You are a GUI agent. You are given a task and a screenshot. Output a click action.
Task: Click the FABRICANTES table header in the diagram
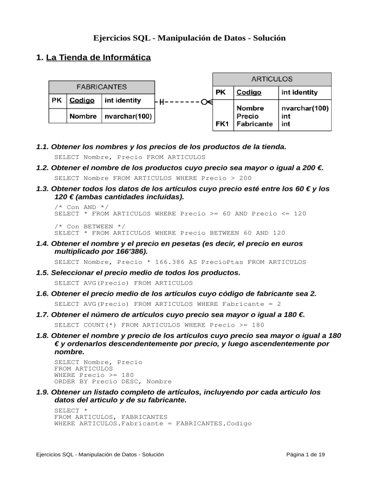click(100, 86)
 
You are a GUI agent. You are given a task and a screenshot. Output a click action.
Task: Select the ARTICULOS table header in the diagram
click(271, 79)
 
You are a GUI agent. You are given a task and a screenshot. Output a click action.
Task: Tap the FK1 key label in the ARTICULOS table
click(221, 124)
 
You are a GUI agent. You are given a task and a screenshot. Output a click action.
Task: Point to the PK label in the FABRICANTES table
click(57, 100)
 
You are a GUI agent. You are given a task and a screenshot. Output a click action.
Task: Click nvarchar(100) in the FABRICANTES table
click(127, 117)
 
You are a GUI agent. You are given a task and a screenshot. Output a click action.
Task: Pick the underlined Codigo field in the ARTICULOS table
click(249, 92)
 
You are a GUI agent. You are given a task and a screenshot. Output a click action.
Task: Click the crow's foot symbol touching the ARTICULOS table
click(207, 102)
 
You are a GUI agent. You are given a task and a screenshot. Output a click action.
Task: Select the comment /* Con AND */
click(81, 207)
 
